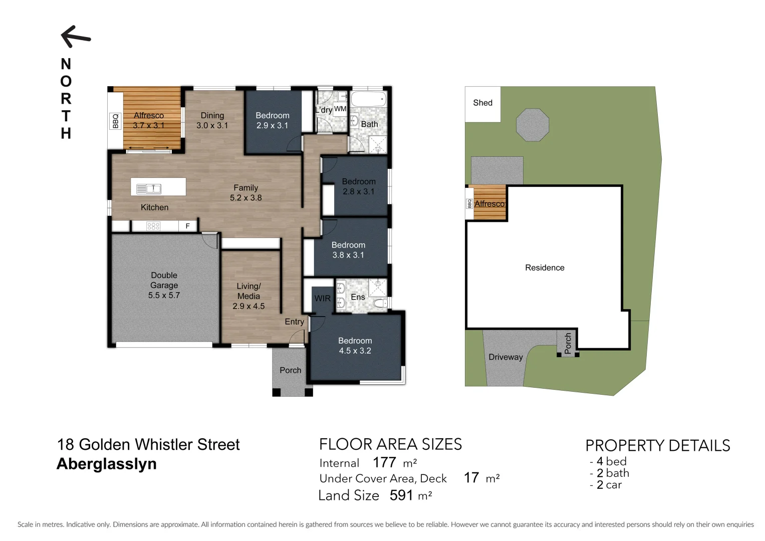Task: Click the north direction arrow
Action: click(x=75, y=37)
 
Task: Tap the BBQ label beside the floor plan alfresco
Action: click(x=116, y=121)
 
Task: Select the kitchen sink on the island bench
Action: click(x=149, y=188)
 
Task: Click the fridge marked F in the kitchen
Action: click(x=188, y=226)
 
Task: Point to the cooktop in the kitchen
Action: click(x=153, y=226)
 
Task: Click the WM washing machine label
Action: click(x=340, y=109)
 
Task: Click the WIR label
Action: click(x=322, y=299)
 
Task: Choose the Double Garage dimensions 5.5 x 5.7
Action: click(x=164, y=296)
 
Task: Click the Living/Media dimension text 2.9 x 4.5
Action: click(x=248, y=306)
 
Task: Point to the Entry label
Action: click(x=294, y=322)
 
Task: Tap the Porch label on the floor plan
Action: click(x=290, y=370)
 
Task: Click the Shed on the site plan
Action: click(x=482, y=103)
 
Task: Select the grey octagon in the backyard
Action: click(x=533, y=125)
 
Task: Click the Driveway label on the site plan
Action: click(x=505, y=357)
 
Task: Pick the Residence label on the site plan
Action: click(x=545, y=267)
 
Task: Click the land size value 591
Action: click(x=401, y=495)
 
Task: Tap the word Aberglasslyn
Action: click(x=107, y=464)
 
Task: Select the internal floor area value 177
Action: click(x=384, y=462)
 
